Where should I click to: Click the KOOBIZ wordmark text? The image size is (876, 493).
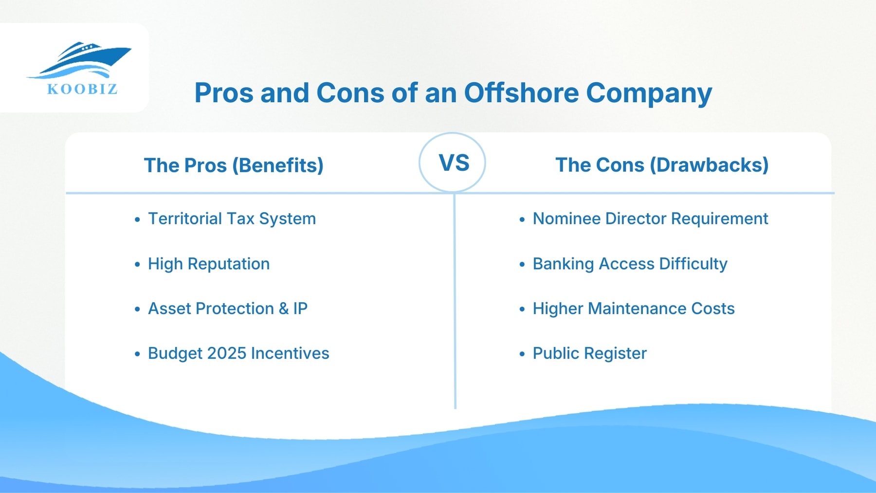click(82, 89)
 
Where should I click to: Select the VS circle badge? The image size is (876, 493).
click(453, 163)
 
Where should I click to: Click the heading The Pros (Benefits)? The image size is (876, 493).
click(234, 165)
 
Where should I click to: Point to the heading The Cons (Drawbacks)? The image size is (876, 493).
click(662, 164)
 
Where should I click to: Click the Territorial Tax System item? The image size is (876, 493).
click(232, 219)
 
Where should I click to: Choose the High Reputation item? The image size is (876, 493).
click(208, 264)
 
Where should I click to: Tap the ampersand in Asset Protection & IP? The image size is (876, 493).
click(283, 309)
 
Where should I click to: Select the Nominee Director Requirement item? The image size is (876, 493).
click(650, 219)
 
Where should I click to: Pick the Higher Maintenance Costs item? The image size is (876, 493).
click(633, 309)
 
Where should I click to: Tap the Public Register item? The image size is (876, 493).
click(589, 353)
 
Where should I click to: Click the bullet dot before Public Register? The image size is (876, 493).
click(522, 354)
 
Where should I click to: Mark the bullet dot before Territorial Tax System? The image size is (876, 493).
click(137, 220)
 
